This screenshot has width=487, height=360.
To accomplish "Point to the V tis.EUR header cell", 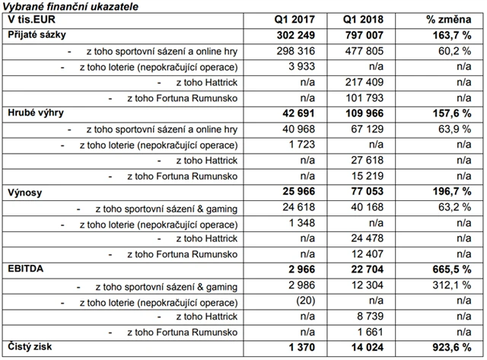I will point(30,18).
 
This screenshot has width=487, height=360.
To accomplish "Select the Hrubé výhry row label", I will point(35,113).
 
